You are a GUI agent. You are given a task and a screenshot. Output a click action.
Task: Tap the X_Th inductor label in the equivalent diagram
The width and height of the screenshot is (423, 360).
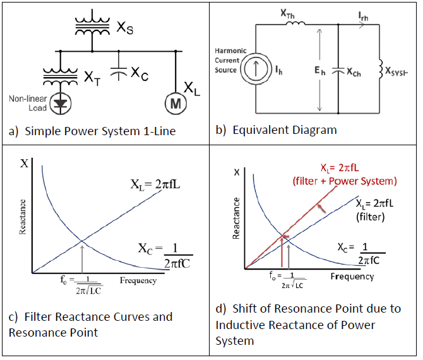(289, 12)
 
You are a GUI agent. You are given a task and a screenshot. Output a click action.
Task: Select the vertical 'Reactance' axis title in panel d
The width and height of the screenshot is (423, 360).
(237, 218)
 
